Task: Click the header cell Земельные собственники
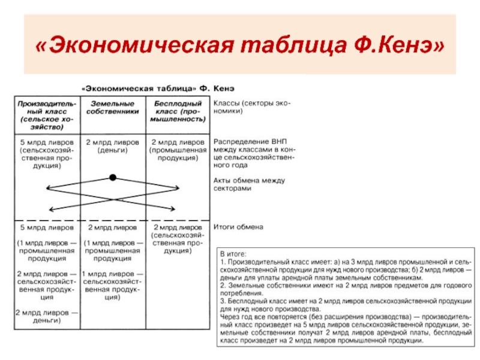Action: coord(112,107)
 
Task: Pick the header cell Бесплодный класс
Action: coord(178,112)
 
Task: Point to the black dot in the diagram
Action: coord(112,178)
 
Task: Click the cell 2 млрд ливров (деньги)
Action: coord(112,146)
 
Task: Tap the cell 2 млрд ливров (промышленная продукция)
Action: coord(178,150)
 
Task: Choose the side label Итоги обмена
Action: coord(238,227)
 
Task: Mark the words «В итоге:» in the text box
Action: coord(233,254)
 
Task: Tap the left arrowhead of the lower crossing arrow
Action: coord(49,209)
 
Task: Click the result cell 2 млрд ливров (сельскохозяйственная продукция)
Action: coord(178,239)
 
